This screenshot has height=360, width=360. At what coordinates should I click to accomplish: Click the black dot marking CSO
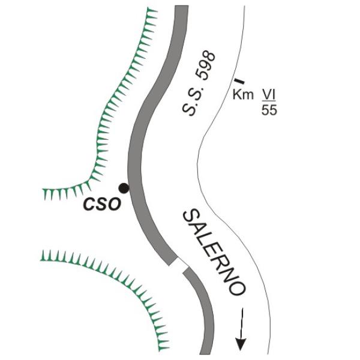tap(124, 188)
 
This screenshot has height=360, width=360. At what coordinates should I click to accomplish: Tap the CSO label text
tap(102, 204)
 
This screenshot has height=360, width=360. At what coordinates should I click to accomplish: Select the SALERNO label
tap(214, 252)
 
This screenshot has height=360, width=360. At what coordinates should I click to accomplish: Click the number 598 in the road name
tap(205, 66)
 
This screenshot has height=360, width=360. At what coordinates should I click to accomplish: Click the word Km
tap(243, 95)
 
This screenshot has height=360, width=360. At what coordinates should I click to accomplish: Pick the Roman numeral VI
tap(269, 95)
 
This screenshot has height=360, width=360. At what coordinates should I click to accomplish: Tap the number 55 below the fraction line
tap(269, 110)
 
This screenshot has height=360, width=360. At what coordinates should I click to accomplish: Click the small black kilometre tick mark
tap(239, 81)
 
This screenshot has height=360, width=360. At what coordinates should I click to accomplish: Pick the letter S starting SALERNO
tap(191, 218)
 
